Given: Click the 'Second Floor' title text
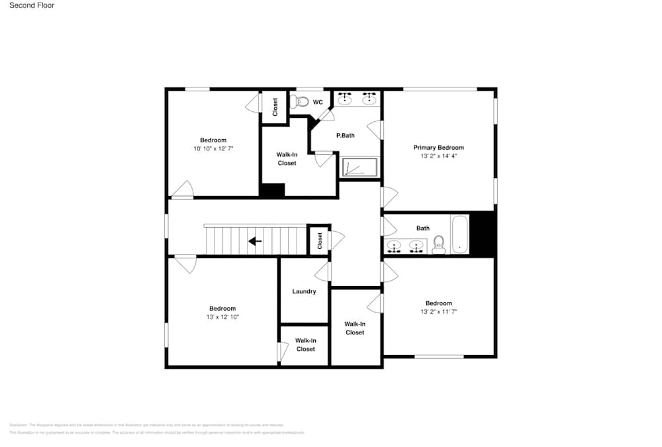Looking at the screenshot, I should coord(32,5).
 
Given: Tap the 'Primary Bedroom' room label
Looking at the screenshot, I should coord(438,148).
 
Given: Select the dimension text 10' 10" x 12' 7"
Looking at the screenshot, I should coord(213,149).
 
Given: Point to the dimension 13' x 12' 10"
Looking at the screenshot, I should coord(222,317).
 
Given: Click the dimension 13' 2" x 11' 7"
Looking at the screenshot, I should coord(438,311).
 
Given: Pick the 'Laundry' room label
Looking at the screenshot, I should coord(304,291).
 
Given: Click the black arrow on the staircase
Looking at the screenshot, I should coord(255,241).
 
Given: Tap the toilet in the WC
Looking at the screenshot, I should coord(301,101).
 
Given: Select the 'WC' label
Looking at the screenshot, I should coord(318,102).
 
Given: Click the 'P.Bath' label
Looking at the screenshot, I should coord(346,135).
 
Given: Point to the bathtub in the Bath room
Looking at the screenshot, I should coord(459,234).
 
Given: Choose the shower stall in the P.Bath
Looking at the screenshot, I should coord(359,167).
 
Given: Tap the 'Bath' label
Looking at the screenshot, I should coord(423,228).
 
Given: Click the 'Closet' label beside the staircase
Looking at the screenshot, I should coord(320,240).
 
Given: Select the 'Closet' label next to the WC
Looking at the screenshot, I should coord(275,107).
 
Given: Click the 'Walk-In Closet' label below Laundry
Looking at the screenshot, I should coord(305,344).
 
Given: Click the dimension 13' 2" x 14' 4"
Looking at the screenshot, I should coord(438,156).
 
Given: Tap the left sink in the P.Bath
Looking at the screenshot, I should coord(345,99).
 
